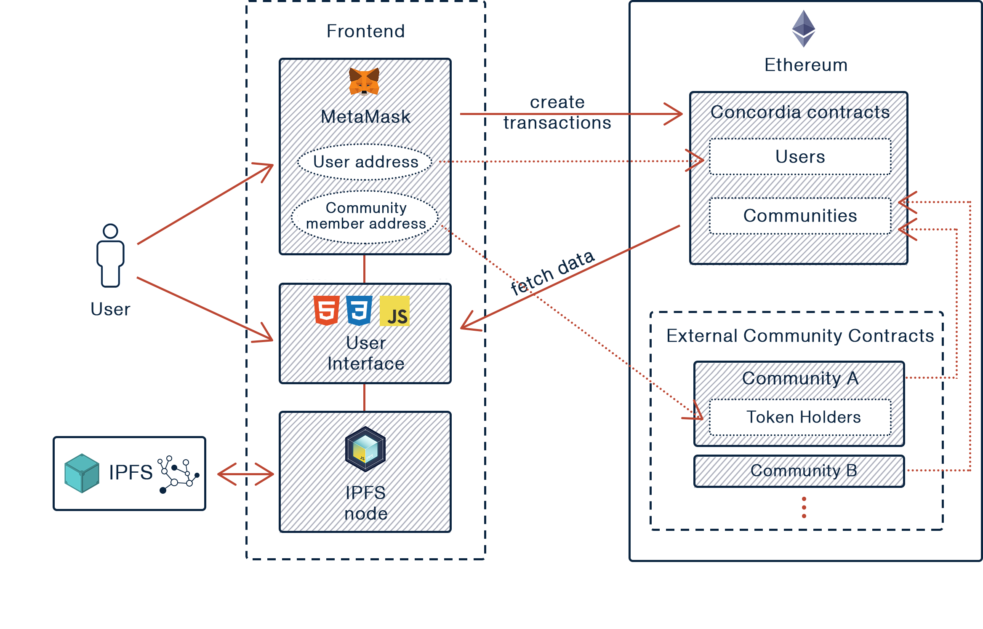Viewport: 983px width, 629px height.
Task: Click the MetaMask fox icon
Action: click(364, 82)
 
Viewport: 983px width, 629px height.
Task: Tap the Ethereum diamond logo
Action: click(803, 29)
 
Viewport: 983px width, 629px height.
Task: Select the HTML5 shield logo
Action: click(326, 311)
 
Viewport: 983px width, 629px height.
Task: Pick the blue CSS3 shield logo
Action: click(359, 311)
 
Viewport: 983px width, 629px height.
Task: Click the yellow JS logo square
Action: click(394, 311)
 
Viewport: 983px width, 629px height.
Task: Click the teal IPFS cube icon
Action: click(82, 473)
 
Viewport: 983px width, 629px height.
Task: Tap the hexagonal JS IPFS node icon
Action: click(365, 449)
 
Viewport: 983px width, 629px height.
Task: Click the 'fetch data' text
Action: click(552, 273)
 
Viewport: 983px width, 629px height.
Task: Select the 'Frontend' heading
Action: click(365, 32)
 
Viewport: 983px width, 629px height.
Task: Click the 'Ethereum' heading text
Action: click(803, 65)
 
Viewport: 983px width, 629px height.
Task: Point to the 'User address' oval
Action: click(365, 162)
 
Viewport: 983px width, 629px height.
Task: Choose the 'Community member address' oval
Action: click(365, 216)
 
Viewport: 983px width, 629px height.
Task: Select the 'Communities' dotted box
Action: click(800, 216)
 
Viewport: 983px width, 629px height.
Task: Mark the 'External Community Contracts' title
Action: click(800, 336)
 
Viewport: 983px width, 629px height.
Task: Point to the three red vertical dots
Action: click(804, 507)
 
